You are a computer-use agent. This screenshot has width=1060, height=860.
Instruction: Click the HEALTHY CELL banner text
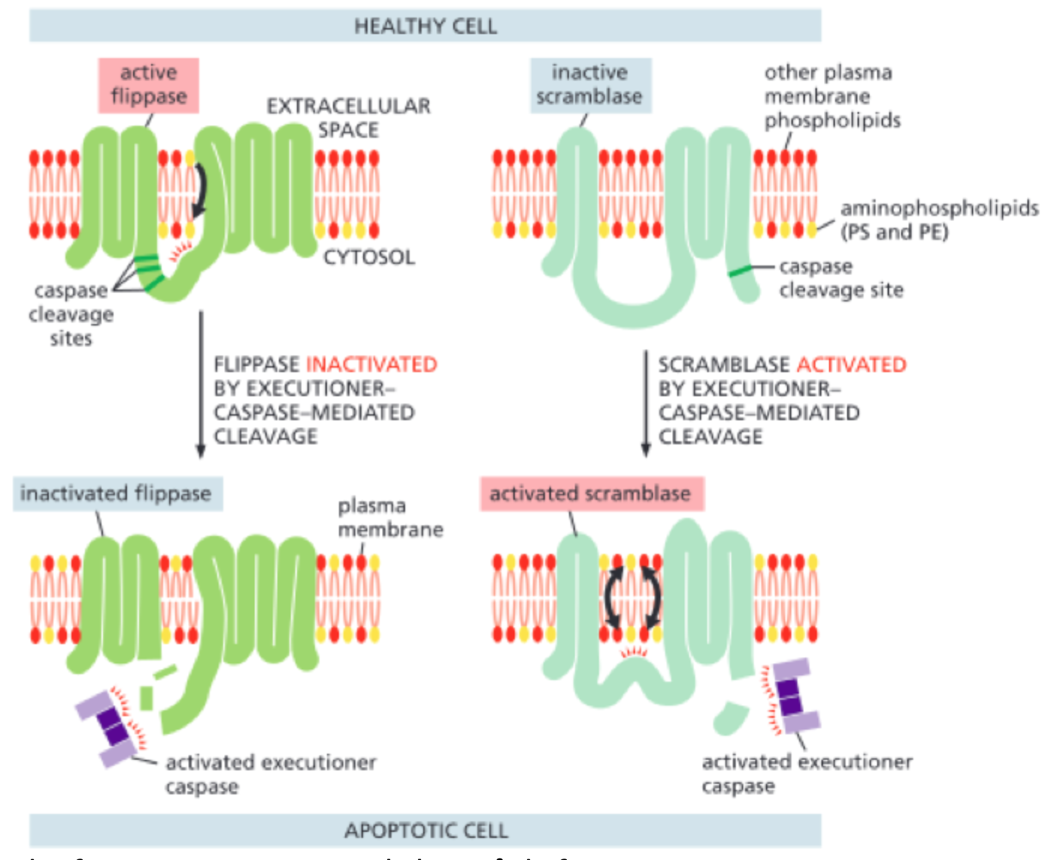[x=426, y=26]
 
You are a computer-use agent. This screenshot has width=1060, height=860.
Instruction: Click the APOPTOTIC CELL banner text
[x=426, y=830]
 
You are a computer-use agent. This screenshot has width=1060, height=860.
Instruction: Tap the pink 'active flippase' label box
[x=148, y=85]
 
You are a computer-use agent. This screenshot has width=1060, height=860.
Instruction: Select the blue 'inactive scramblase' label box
[x=590, y=85]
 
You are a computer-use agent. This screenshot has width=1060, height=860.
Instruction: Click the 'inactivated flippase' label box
[x=117, y=494]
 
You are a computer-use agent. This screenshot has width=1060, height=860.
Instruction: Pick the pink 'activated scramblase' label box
[x=591, y=494]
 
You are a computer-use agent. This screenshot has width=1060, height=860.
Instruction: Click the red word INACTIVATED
[x=371, y=365]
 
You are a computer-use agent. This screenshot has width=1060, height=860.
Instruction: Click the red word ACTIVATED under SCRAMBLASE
[x=851, y=365]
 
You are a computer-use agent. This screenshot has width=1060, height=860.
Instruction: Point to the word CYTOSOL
[x=368, y=257]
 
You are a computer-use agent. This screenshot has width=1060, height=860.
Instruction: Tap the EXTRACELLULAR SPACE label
[x=349, y=117]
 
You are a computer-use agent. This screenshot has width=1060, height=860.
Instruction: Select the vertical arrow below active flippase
[x=201, y=383]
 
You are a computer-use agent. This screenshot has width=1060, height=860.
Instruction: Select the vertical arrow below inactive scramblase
[x=645, y=402]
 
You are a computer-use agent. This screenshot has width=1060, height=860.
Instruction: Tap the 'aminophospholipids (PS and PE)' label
[x=938, y=220]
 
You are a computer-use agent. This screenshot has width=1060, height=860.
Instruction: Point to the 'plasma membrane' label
[x=389, y=517]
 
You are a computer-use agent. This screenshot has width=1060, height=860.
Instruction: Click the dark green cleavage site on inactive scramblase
[x=740, y=271]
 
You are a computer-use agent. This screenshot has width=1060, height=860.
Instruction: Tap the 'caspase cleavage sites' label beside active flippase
[x=71, y=313]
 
